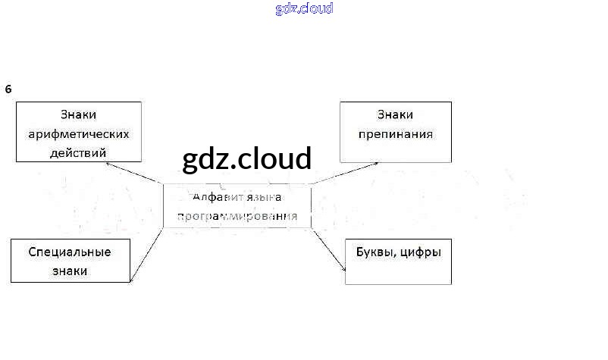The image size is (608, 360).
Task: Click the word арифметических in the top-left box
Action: coord(79,134)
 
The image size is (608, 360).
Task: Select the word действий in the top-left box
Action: coord(79,152)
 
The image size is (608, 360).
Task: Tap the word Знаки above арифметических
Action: coord(79,115)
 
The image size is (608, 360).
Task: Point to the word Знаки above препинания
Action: coord(395,115)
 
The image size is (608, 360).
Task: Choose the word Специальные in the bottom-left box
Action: coord(69,252)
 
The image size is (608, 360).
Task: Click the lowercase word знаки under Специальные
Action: coord(69,271)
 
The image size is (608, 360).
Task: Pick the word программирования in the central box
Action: coord(237,216)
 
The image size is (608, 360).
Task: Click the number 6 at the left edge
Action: coord(8,89)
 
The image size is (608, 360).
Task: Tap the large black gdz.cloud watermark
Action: coord(247,159)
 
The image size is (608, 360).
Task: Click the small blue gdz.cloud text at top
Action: coord(304,9)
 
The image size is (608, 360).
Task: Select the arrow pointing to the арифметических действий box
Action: coord(134,173)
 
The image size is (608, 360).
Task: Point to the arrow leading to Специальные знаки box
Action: coord(146,255)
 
